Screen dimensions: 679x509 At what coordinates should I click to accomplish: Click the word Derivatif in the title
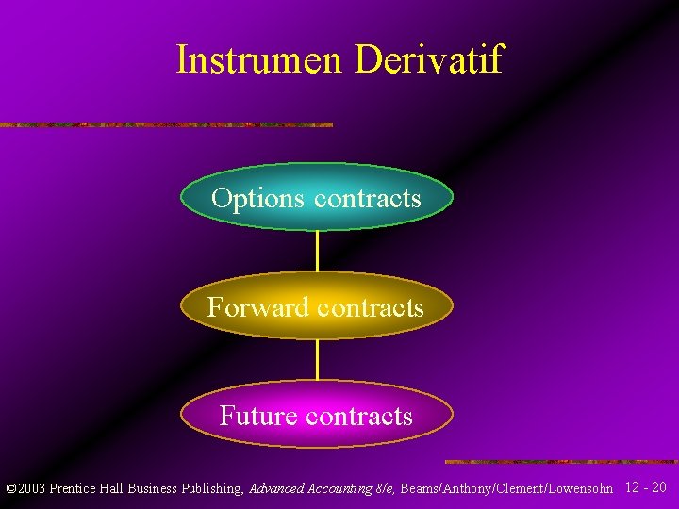429,60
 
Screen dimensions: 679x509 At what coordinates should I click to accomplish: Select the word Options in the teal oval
257,199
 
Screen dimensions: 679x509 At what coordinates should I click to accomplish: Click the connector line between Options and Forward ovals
317,252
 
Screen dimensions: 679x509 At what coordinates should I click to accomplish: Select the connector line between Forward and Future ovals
317,360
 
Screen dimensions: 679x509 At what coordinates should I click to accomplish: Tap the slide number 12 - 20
646,487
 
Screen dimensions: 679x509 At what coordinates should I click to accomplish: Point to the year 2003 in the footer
31,489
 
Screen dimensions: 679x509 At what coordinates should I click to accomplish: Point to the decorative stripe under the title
166,124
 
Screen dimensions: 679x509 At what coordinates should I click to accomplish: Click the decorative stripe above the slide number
561,462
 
